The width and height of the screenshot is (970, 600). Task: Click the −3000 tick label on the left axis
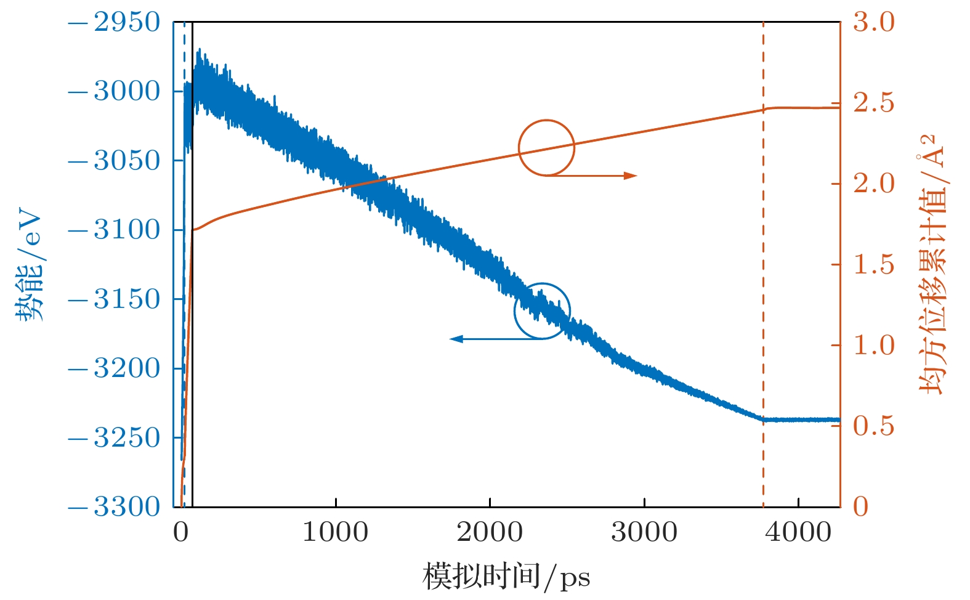pyautogui.click(x=114, y=92)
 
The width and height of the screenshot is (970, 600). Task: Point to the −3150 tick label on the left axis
pyautogui.click(x=114, y=299)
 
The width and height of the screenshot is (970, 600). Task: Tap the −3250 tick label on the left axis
pyautogui.click(x=114, y=438)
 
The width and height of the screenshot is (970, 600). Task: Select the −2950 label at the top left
pyautogui.click(x=114, y=23)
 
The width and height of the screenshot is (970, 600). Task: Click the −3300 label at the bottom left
pyautogui.click(x=114, y=507)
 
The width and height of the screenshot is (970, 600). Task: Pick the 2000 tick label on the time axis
pyautogui.click(x=490, y=532)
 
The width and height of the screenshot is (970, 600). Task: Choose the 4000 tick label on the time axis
pyautogui.click(x=798, y=532)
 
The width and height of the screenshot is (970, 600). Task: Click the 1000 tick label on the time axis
pyautogui.click(x=336, y=532)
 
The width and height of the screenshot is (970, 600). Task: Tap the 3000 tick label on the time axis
pyautogui.click(x=644, y=532)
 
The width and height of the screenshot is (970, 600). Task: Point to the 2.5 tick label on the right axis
pyautogui.click(x=873, y=103)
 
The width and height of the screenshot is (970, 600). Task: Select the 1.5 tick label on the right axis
pyautogui.click(x=873, y=265)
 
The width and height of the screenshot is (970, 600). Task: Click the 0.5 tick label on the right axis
pyautogui.click(x=873, y=426)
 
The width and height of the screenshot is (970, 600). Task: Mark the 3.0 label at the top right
pyautogui.click(x=873, y=23)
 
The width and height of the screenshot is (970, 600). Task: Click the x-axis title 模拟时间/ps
pyautogui.click(x=506, y=577)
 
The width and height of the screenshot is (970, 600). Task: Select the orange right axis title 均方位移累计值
pyautogui.click(x=931, y=265)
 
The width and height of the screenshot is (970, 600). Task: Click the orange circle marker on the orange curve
pyautogui.click(x=546, y=148)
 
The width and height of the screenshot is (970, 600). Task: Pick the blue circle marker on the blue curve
pyautogui.click(x=542, y=311)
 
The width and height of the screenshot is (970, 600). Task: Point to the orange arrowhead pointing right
pyautogui.click(x=631, y=176)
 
